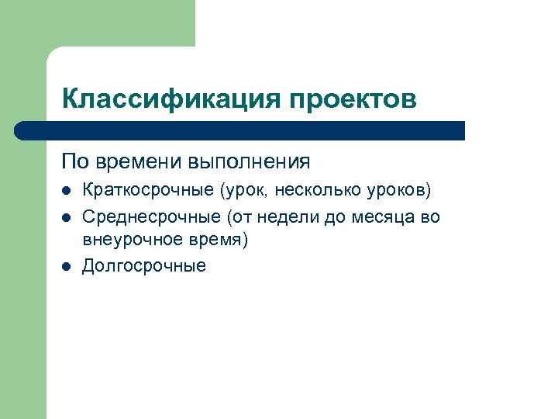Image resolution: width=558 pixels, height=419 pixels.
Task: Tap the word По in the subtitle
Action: click(x=75, y=161)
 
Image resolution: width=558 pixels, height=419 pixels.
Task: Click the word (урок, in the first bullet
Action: click(x=246, y=190)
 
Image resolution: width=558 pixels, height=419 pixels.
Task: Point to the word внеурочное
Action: click(x=129, y=240)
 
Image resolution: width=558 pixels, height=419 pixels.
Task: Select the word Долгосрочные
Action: click(x=144, y=266)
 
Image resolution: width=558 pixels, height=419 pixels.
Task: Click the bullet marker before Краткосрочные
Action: click(x=67, y=190)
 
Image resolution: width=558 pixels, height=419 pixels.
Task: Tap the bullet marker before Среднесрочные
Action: click(x=67, y=217)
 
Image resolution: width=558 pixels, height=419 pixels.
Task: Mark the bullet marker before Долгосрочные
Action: click(x=67, y=267)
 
